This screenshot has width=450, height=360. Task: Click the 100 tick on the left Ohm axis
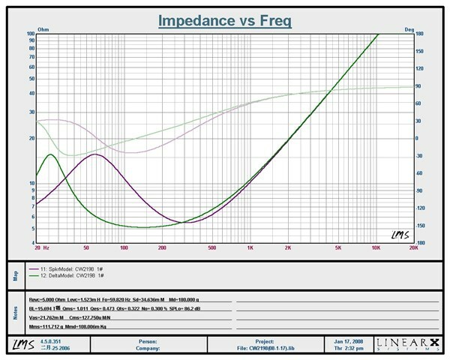30,34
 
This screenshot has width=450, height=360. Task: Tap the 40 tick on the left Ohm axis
31,93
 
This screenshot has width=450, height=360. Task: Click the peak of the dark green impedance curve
50,154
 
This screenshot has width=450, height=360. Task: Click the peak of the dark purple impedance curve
93,154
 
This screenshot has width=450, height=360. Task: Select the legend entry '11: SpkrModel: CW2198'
72,268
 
